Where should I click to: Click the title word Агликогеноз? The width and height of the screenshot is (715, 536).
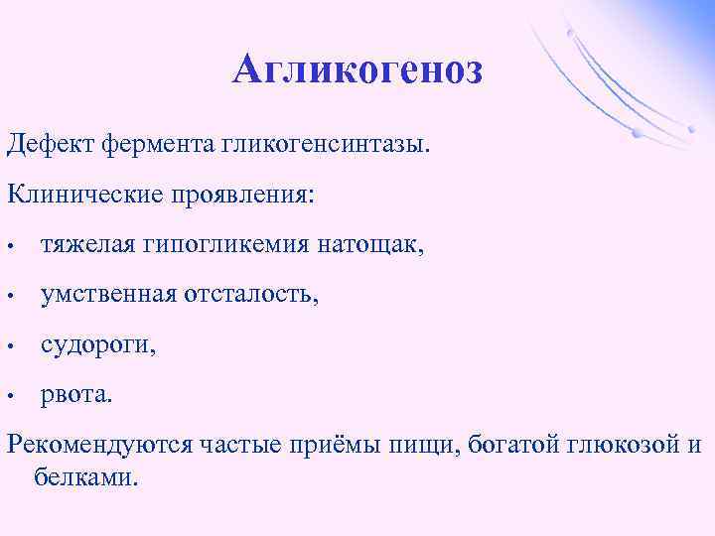coord(357,70)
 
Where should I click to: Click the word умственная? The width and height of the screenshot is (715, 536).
coord(108,294)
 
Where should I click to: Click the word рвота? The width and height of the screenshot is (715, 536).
coord(76,396)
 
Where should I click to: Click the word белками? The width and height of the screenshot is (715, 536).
coord(86,477)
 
